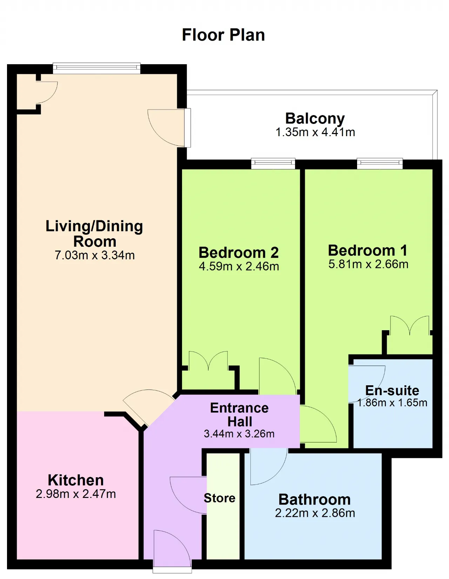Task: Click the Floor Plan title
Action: pyautogui.click(x=223, y=35)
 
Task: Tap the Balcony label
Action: pyautogui.click(x=315, y=119)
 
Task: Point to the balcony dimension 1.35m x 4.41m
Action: pyautogui.click(x=315, y=132)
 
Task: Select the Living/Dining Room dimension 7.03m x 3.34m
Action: pyautogui.click(x=95, y=255)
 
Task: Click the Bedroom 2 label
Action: pyautogui.click(x=239, y=252)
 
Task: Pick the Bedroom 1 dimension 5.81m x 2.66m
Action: pyautogui.click(x=368, y=264)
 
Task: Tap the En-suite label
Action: pyautogui.click(x=392, y=391)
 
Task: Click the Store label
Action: pyautogui.click(x=220, y=498)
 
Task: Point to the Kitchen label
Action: pyautogui.click(x=76, y=480)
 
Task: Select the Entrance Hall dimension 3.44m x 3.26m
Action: pyautogui.click(x=239, y=434)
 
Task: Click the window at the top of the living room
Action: pyautogui.click(x=96, y=68)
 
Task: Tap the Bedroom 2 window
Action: pyautogui.click(x=273, y=163)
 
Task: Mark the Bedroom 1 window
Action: pyautogui.click(x=380, y=163)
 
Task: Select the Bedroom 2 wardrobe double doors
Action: pyautogui.click(x=208, y=361)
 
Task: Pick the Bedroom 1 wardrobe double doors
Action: pyautogui.click(x=410, y=325)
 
